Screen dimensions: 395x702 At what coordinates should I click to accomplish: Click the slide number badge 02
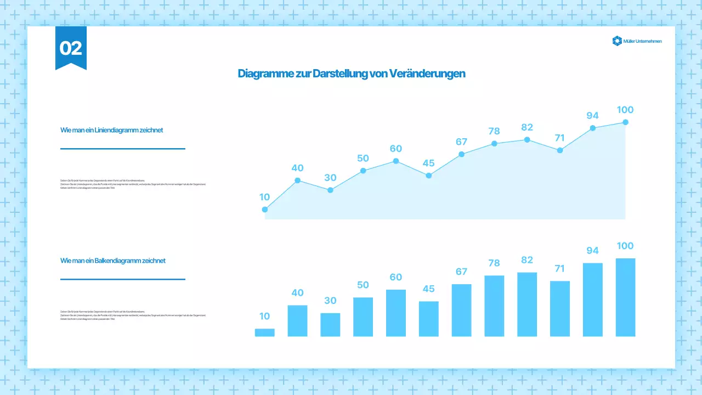coord(71,48)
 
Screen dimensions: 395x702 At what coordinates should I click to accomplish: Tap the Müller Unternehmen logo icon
coord(617,41)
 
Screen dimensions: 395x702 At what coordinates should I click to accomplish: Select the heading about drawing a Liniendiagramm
coord(111,131)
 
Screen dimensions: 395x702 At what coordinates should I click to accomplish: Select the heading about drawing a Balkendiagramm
coord(113,261)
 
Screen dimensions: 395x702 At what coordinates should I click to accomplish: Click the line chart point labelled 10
coord(265,210)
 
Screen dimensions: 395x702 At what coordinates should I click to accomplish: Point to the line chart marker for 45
coord(429,176)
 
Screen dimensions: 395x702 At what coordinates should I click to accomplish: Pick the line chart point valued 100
coord(625,122)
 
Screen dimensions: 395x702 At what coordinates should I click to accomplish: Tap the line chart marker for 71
coord(560,150)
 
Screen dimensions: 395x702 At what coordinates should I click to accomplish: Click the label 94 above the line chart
coord(592,116)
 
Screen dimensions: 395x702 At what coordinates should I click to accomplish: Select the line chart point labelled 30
coord(330,190)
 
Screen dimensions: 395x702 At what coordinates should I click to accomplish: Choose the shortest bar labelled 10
coord(265,332)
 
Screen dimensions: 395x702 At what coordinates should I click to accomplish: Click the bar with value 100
coord(625,297)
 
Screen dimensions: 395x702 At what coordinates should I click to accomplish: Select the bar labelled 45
coord(429,319)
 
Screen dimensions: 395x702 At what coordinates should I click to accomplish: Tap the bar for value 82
coord(527,304)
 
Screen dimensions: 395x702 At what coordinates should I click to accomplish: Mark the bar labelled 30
coord(330,325)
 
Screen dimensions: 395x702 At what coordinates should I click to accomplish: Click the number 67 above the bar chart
coord(461,272)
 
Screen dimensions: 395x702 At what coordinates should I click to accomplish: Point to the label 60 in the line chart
coord(396,149)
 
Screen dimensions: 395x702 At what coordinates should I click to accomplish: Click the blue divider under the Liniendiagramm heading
coord(123,149)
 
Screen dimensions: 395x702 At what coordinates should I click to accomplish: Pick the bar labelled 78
coord(494,306)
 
